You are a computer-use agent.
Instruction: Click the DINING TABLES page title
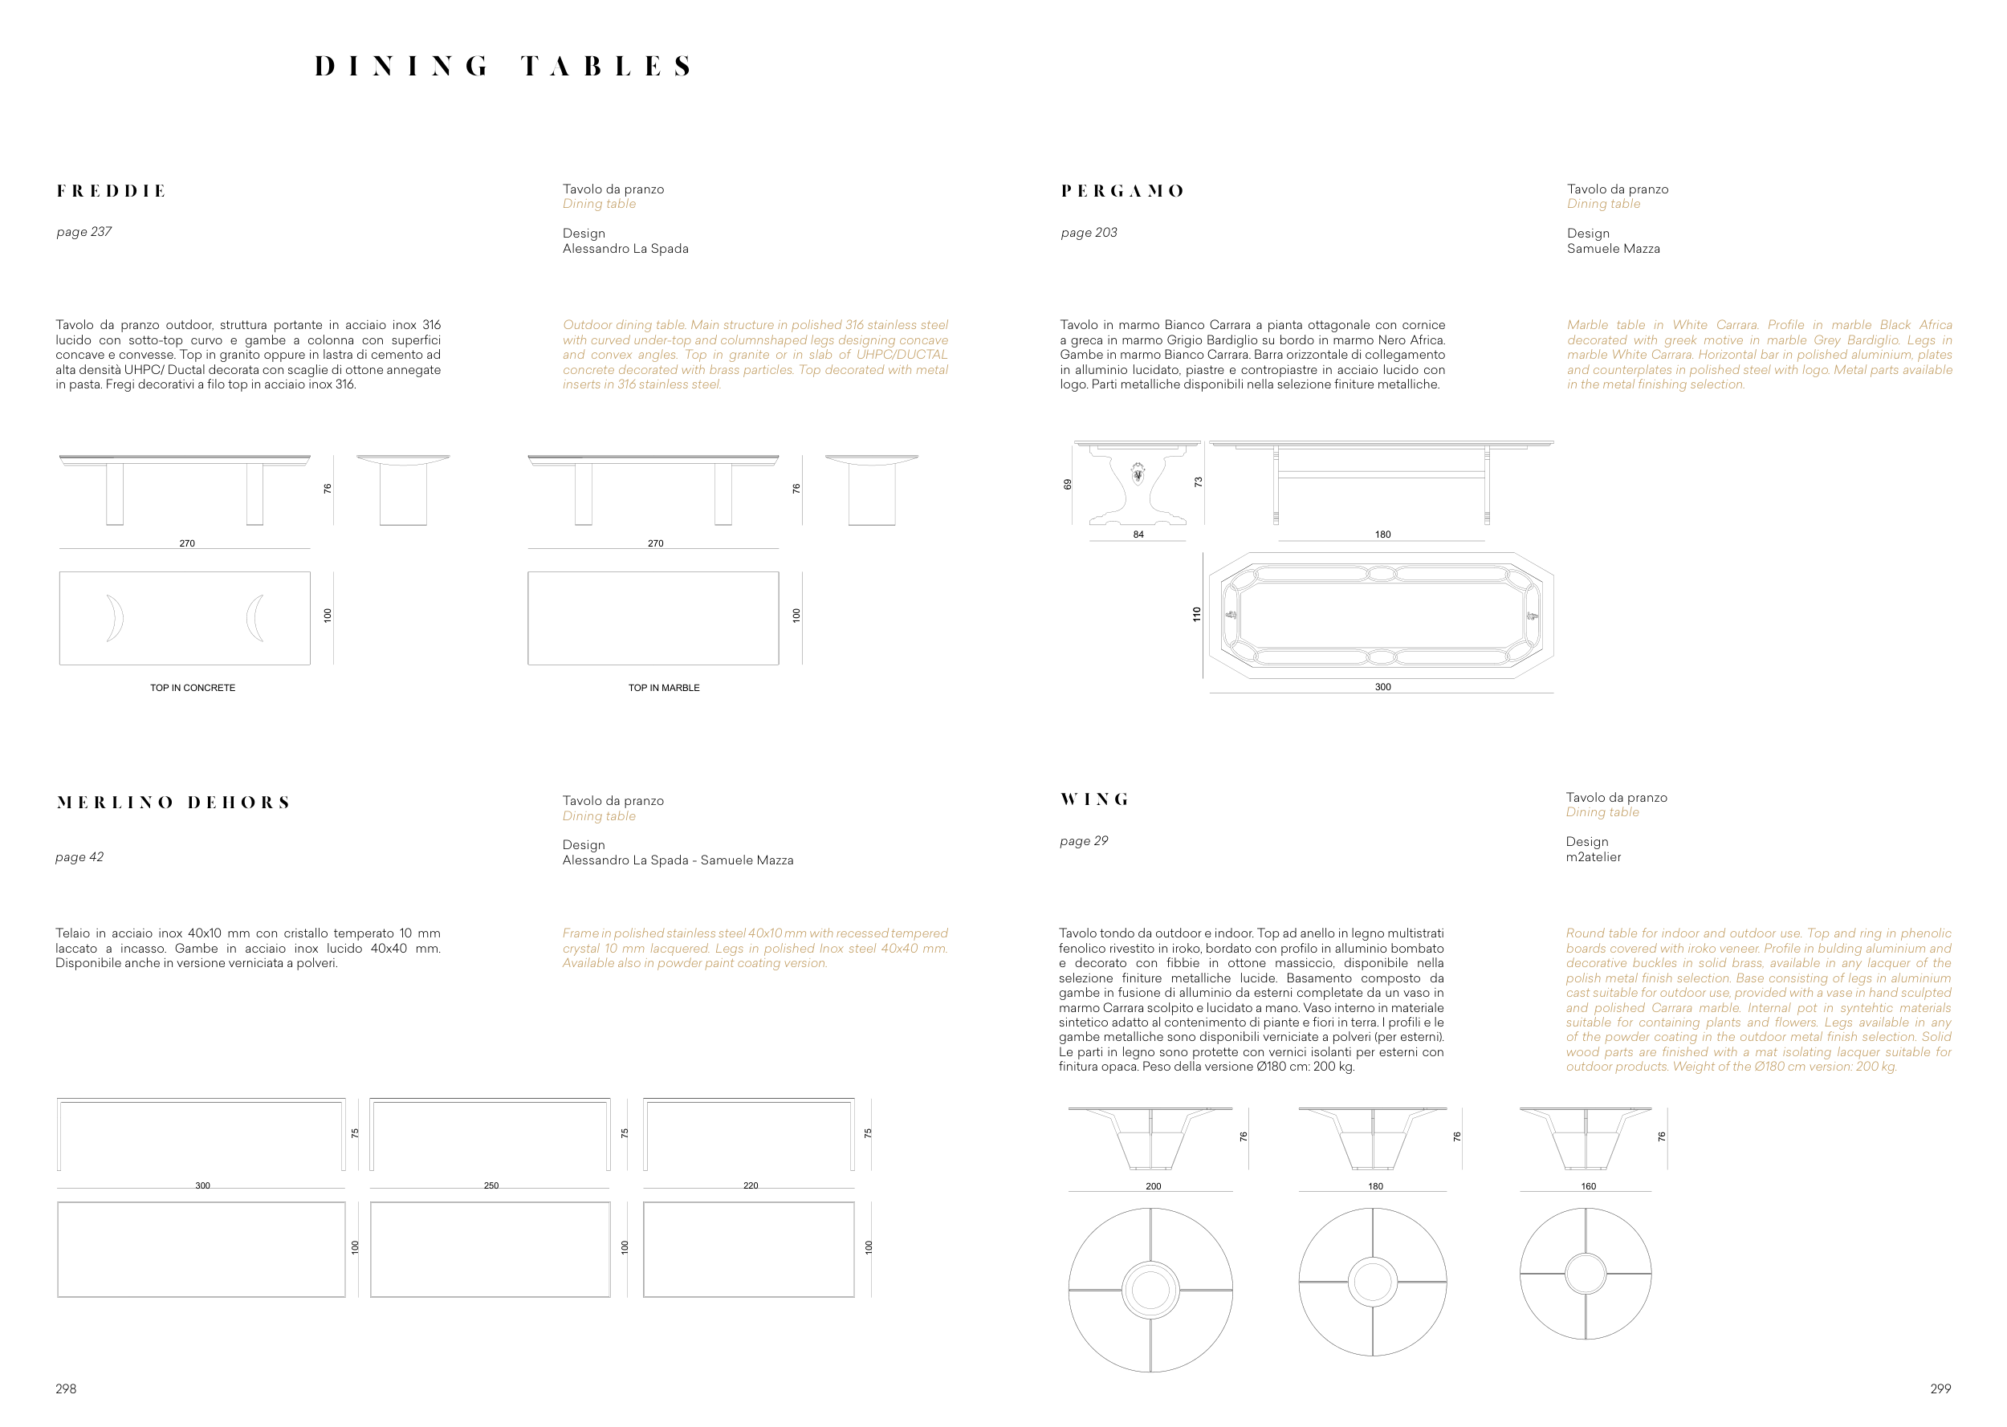pos(503,67)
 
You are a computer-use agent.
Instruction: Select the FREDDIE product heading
pos(112,192)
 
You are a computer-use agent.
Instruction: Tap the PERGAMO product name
pos(1123,192)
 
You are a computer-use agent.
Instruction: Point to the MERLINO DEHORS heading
pos(173,803)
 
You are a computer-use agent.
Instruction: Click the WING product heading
pos(1095,799)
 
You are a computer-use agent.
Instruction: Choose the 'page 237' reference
pos(83,232)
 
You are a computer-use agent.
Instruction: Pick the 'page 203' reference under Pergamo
pos(1089,233)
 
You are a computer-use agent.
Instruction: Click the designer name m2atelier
pos(1593,856)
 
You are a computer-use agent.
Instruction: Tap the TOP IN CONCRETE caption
pos(193,688)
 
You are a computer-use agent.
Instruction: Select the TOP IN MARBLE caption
pos(663,688)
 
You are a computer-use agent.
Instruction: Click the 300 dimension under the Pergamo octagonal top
pos(1382,687)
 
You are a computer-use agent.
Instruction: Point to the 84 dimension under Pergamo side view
pos(1138,535)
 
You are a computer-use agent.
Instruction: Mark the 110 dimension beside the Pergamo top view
pos(1196,614)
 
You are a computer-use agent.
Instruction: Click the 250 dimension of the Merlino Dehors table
pos(491,1185)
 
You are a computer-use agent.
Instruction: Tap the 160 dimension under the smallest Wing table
pos(1588,1186)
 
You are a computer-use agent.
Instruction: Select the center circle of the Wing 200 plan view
pos(1150,1290)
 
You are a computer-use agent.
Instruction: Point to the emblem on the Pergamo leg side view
pos(1138,474)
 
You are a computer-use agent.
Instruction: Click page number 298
pos(66,1389)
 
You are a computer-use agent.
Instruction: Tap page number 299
pos(1940,1389)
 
